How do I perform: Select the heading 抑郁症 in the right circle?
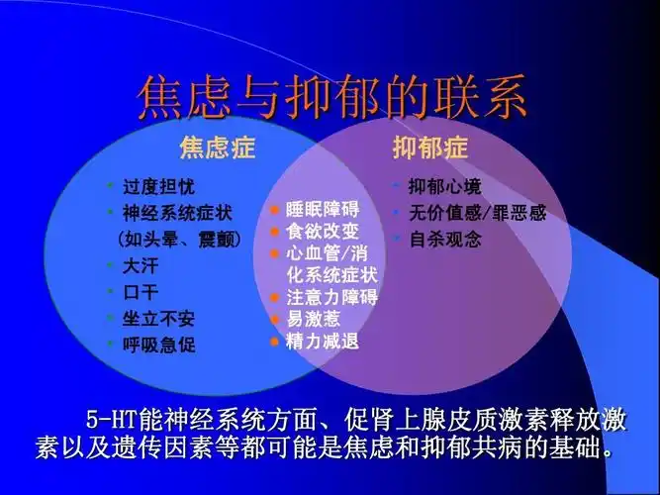[x=429, y=148]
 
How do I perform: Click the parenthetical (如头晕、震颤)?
[x=178, y=239]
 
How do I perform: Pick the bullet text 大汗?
[x=140, y=265]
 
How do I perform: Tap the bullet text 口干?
[x=140, y=292]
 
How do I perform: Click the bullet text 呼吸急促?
[x=158, y=346]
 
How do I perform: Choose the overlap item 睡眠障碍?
[x=323, y=210]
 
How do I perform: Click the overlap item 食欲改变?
[x=323, y=232]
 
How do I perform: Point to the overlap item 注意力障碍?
[x=331, y=297]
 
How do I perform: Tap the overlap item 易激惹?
[x=314, y=319]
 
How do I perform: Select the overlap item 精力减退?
[x=323, y=342]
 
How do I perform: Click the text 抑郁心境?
[x=445, y=186]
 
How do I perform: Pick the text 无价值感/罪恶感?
[x=477, y=213]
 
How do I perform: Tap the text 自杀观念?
[x=445, y=239]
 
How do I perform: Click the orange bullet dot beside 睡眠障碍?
[x=275, y=210]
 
